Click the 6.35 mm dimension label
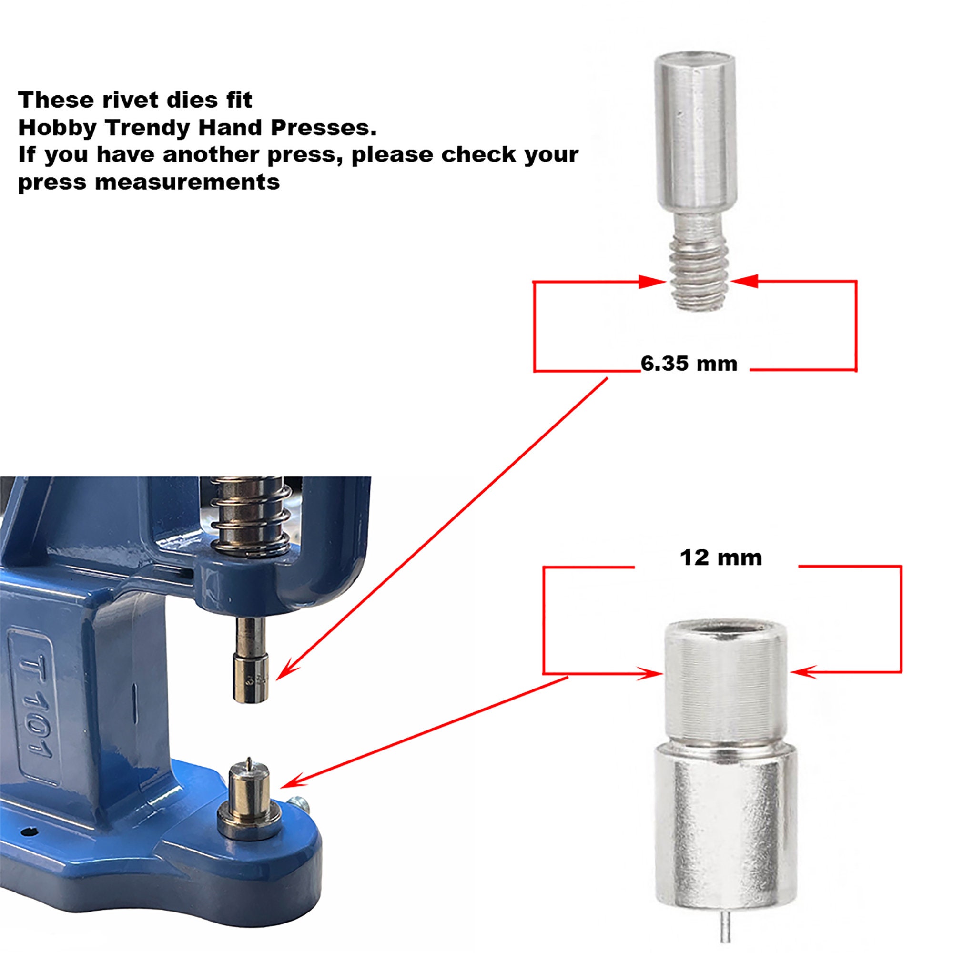pyautogui.click(x=689, y=364)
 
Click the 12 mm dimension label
pyautogui.click(x=720, y=558)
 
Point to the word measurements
pyautogui.click(x=187, y=182)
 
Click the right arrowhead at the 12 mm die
pyautogui.click(x=802, y=672)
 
